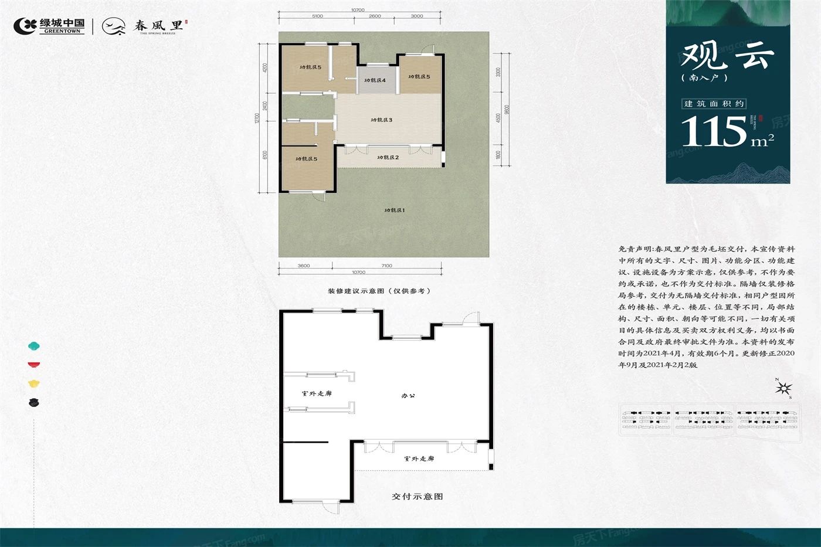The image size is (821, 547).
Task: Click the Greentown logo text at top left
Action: tap(62, 25)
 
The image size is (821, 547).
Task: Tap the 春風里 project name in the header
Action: tap(158, 26)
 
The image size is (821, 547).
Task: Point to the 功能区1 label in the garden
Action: tap(395, 210)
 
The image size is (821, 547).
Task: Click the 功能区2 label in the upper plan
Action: tap(388, 158)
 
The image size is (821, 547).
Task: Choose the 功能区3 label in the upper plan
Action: tap(381, 120)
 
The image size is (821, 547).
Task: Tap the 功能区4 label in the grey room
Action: tap(375, 80)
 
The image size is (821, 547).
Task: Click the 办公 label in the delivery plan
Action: tap(408, 396)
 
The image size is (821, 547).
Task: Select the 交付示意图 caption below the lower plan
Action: tap(417, 497)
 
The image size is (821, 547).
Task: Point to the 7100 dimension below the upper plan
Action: tap(386, 266)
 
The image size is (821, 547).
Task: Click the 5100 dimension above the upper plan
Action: tap(317, 16)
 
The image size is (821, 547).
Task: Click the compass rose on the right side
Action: tap(785, 388)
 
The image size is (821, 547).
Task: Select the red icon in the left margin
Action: tap(34, 365)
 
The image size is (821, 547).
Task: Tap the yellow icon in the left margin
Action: tap(34, 384)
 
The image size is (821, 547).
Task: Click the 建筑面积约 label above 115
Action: tap(714, 104)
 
